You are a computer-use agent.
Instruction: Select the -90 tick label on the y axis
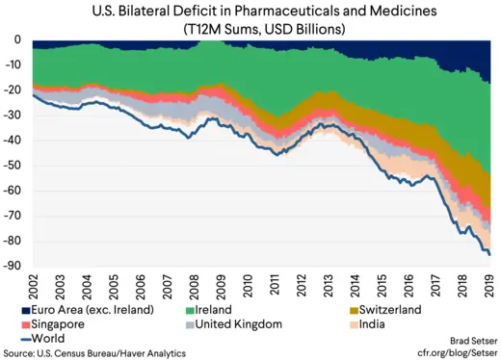click(15, 267)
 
